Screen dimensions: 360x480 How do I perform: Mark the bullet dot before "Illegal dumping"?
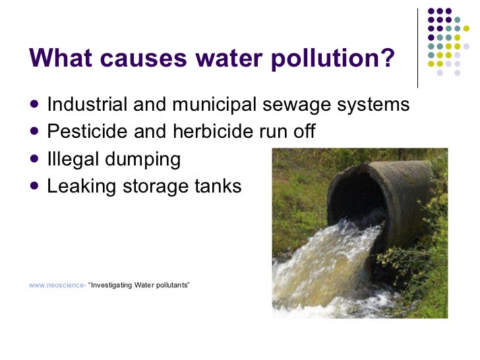[34, 159]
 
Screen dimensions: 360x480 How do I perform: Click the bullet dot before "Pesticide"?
[34, 131]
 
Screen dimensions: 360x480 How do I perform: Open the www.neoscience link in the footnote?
[56, 285]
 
